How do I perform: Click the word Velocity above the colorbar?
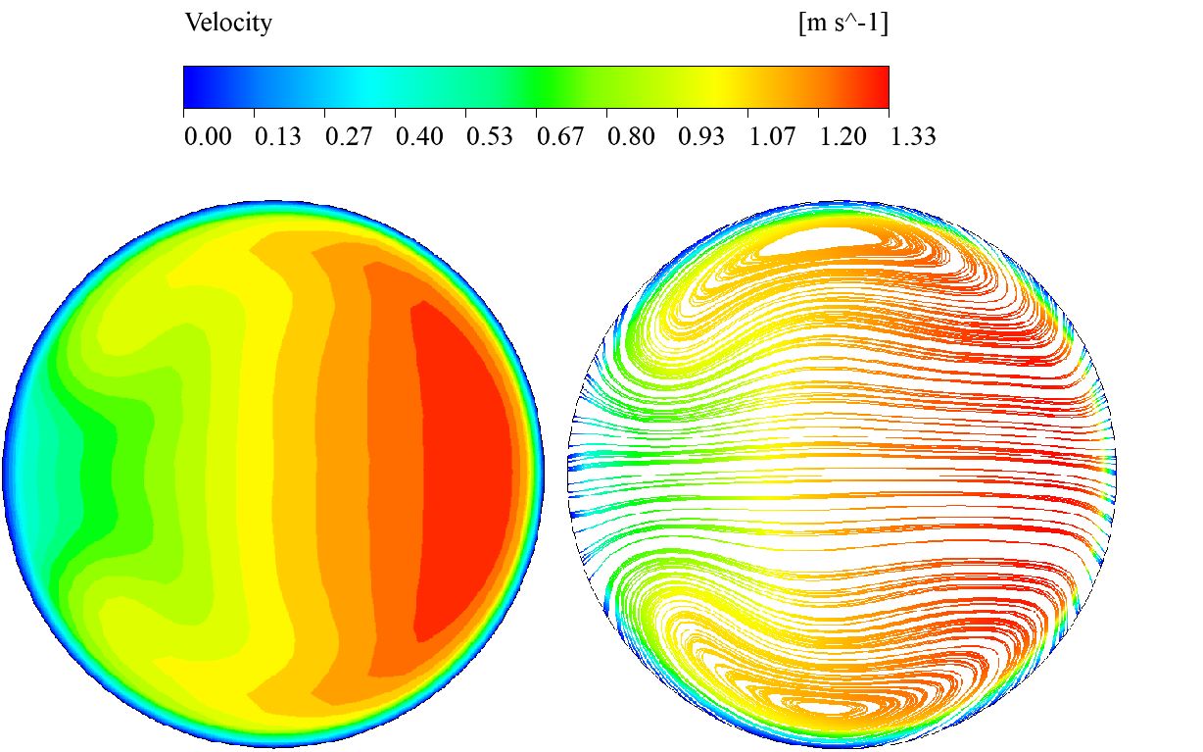click(228, 24)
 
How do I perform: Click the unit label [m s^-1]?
click(843, 24)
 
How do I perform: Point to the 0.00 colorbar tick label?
click(208, 136)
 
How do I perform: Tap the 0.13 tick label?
click(278, 136)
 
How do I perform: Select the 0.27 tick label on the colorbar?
click(349, 136)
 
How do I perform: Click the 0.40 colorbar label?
click(419, 136)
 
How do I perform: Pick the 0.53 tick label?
click(490, 136)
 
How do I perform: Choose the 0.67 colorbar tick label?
click(560, 136)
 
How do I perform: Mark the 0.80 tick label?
click(631, 136)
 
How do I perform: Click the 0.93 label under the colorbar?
click(701, 136)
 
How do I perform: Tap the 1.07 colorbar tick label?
click(772, 136)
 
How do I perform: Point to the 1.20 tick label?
click(842, 136)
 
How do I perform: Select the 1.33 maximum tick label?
click(912, 136)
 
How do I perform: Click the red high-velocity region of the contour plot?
click(465, 471)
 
